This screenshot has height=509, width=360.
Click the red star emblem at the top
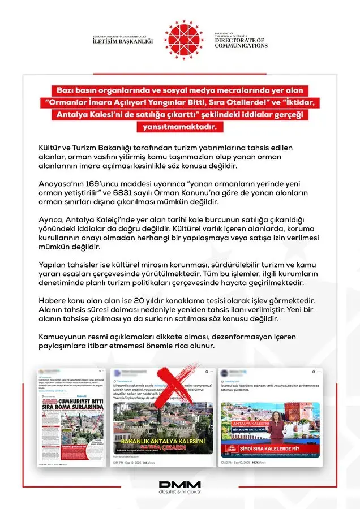pyautogui.click(x=183, y=38)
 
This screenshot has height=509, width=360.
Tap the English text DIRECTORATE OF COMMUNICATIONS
pyautogui.click(x=241, y=42)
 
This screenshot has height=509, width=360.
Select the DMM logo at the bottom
pyautogui.click(x=179, y=485)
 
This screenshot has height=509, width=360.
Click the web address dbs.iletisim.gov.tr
pyautogui.click(x=179, y=493)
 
